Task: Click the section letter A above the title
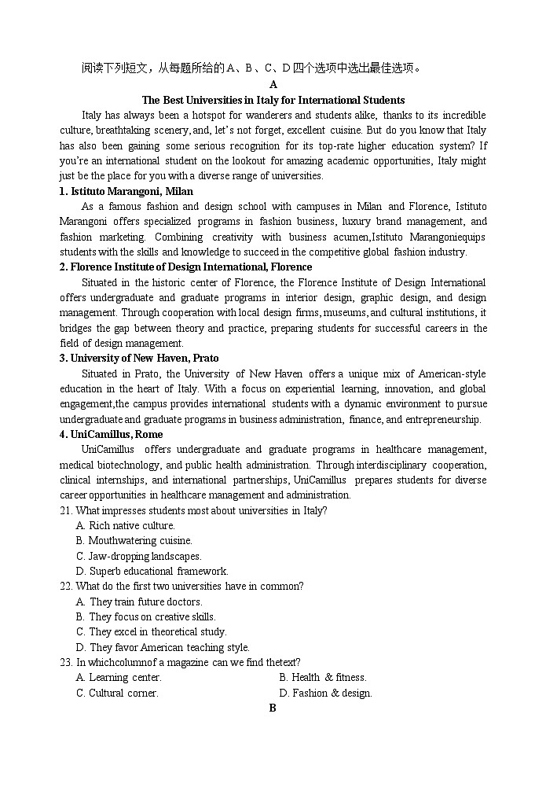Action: click(x=273, y=85)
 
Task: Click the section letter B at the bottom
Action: click(x=273, y=708)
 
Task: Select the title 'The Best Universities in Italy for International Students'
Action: click(x=273, y=100)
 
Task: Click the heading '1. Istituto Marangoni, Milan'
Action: click(x=126, y=191)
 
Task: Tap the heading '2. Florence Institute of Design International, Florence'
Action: click(x=185, y=267)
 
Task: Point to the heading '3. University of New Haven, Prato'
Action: click(x=139, y=359)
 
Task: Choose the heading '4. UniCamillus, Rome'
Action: click(x=111, y=435)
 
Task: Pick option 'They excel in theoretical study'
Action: click(x=157, y=632)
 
